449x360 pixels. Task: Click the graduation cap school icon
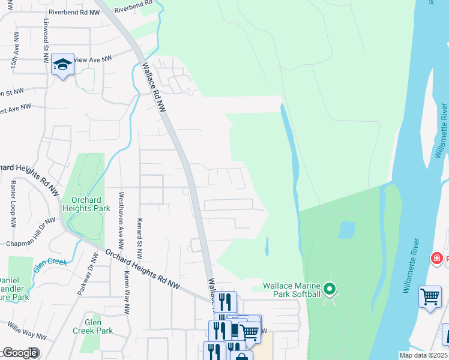click(62, 64)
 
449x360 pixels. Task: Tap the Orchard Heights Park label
click(91, 204)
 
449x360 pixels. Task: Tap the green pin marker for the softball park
click(329, 290)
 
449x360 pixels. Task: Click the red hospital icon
click(437, 258)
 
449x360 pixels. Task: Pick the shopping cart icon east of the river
click(430, 296)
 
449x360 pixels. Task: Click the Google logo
click(20, 353)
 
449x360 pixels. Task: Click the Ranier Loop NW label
click(13, 205)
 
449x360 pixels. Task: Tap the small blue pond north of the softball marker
click(346, 229)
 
